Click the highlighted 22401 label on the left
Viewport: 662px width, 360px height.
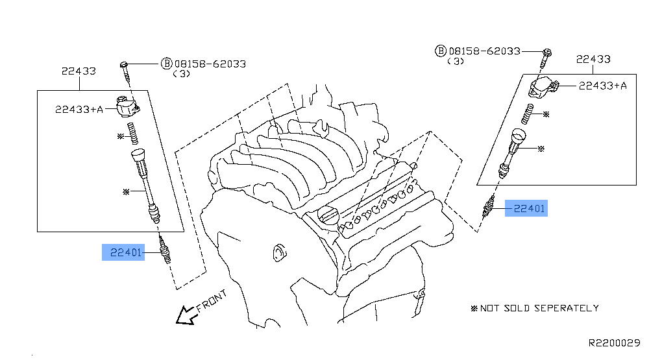tap(126, 252)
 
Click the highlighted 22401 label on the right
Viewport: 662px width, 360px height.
tap(529, 208)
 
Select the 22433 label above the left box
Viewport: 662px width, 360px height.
tap(79, 71)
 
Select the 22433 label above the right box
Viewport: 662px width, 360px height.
tap(593, 59)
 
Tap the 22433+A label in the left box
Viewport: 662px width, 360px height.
tap(79, 110)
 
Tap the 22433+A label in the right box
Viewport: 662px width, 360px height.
tap(602, 85)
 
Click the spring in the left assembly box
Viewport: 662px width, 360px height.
tap(132, 134)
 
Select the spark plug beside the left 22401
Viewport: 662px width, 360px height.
tap(164, 250)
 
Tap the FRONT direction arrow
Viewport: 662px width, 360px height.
tap(186, 315)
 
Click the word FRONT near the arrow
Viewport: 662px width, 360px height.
tap(212, 302)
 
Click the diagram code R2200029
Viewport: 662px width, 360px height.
tap(614, 342)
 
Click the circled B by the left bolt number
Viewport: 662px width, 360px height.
tap(167, 64)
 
